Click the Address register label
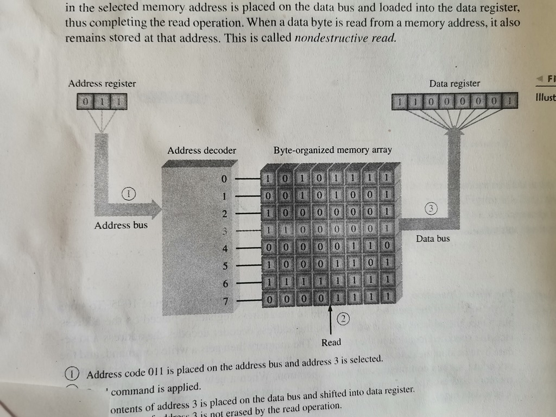[102, 84]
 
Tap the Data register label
[454, 84]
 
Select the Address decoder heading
[201, 150]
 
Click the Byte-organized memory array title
[332, 150]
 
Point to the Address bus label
[121, 225]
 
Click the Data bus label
[433, 238]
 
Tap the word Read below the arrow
[331, 342]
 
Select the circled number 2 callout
[343, 319]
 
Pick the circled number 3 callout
[429, 209]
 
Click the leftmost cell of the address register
[85, 102]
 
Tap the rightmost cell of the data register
[509, 102]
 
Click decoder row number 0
[223, 178]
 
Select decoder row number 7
[223, 300]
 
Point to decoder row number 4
[223, 249]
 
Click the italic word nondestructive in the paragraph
[330, 38]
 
